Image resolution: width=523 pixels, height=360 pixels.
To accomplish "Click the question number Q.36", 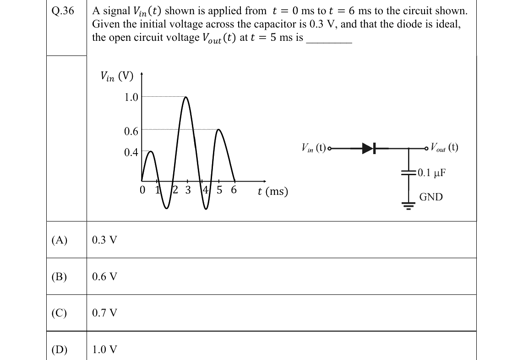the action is [x=63, y=11].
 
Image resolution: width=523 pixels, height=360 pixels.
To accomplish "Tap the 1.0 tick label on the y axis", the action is [x=131, y=97].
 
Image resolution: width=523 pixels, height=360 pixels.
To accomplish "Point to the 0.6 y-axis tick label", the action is [x=131, y=131].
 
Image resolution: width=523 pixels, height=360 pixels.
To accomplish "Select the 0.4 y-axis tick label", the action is [x=131, y=152].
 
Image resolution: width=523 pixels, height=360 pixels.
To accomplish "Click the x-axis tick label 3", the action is [x=188, y=190].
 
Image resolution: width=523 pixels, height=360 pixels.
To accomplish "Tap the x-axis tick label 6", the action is [x=234, y=190].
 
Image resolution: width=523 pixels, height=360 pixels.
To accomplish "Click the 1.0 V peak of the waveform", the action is [x=186, y=97].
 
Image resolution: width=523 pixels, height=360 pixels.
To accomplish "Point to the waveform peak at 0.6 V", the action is [x=219, y=130].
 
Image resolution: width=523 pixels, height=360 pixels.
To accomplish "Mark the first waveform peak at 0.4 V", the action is [x=151, y=152].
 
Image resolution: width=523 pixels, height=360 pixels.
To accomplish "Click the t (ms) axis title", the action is [x=273, y=192].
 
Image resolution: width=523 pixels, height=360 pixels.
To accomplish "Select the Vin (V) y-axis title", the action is [x=117, y=77].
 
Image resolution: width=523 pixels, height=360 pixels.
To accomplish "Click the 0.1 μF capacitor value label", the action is [x=431, y=172].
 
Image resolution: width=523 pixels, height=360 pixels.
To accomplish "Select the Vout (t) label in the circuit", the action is [x=444, y=147].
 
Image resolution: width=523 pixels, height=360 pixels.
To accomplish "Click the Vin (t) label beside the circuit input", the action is [x=314, y=148].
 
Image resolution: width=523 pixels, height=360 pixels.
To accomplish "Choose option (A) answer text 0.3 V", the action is [x=105, y=240].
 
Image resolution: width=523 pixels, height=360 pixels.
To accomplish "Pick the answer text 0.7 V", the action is [x=105, y=313].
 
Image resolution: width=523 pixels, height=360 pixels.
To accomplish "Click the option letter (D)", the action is [x=60, y=349].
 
